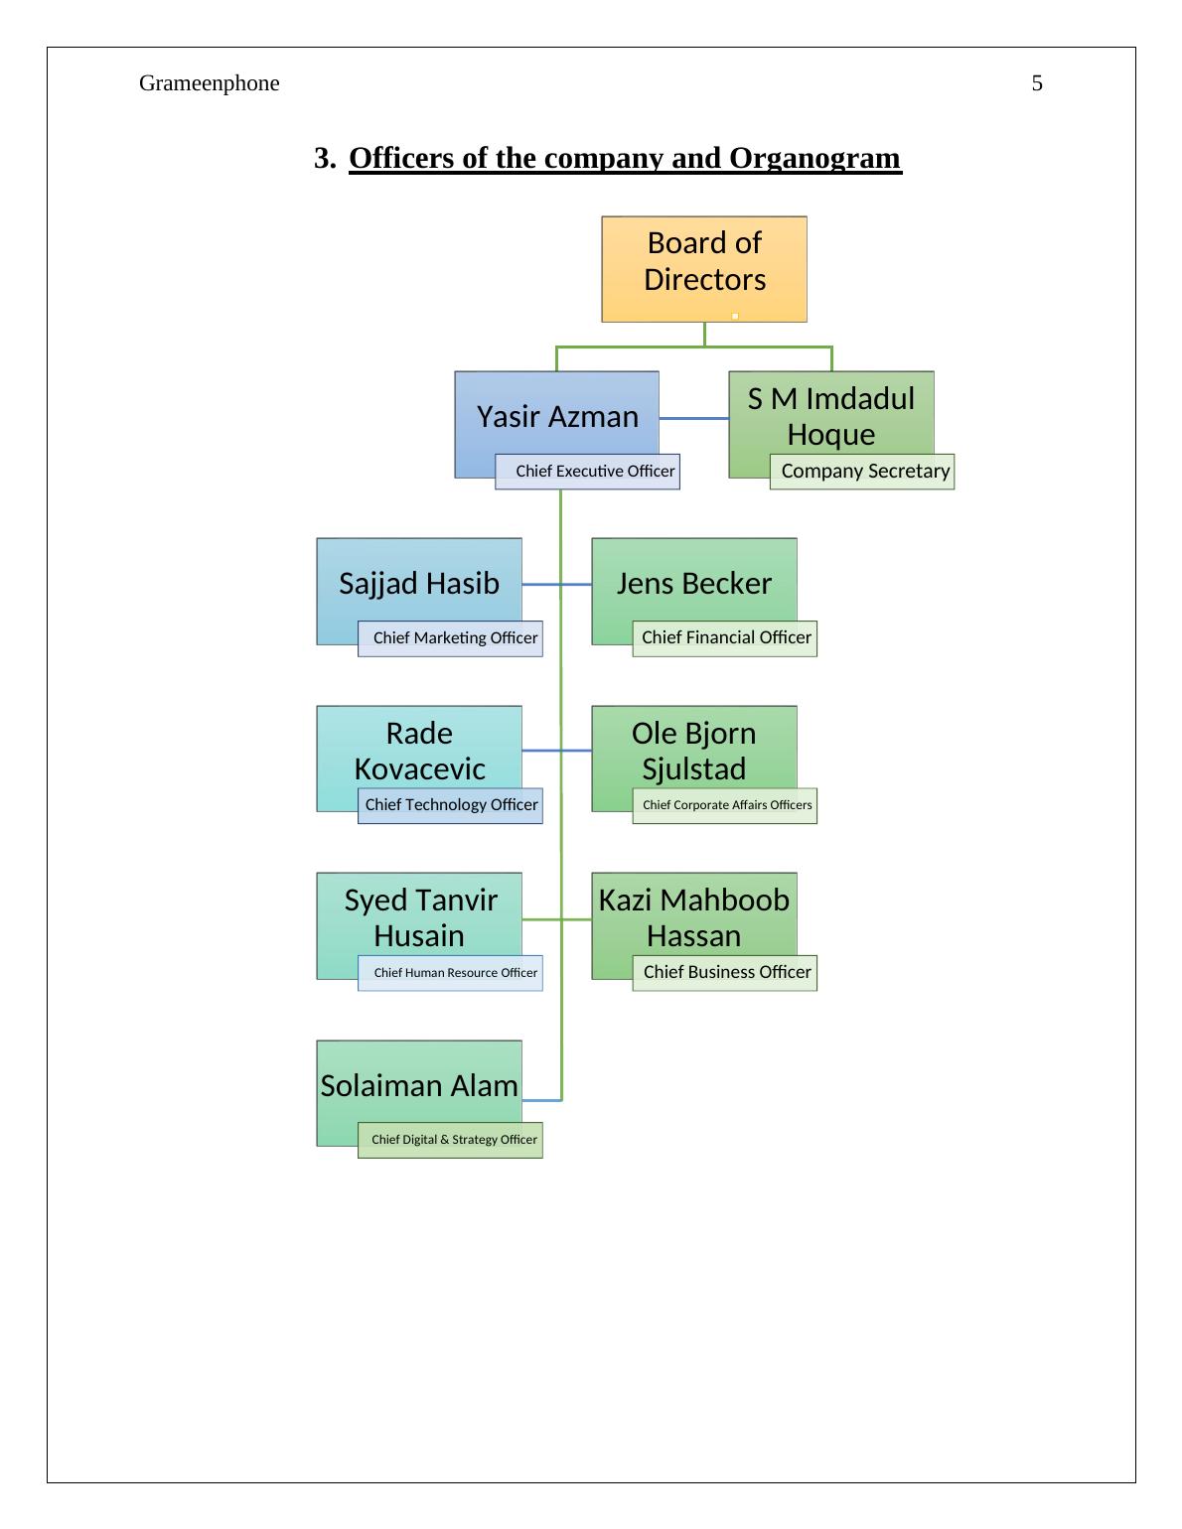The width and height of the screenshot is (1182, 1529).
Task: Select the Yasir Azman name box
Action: [x=556, y=415]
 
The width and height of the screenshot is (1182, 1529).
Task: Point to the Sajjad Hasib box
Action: [x=419, y=582]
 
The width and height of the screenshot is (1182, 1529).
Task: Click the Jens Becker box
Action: [x=694, y=582]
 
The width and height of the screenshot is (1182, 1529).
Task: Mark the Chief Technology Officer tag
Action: [x=451, y=805]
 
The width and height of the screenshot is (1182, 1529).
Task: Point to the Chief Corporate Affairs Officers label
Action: [x=725, y=805]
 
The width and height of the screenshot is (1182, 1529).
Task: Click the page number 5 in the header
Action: [x=1037, y=83]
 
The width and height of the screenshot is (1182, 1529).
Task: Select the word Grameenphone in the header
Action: [x=209, y=83]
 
